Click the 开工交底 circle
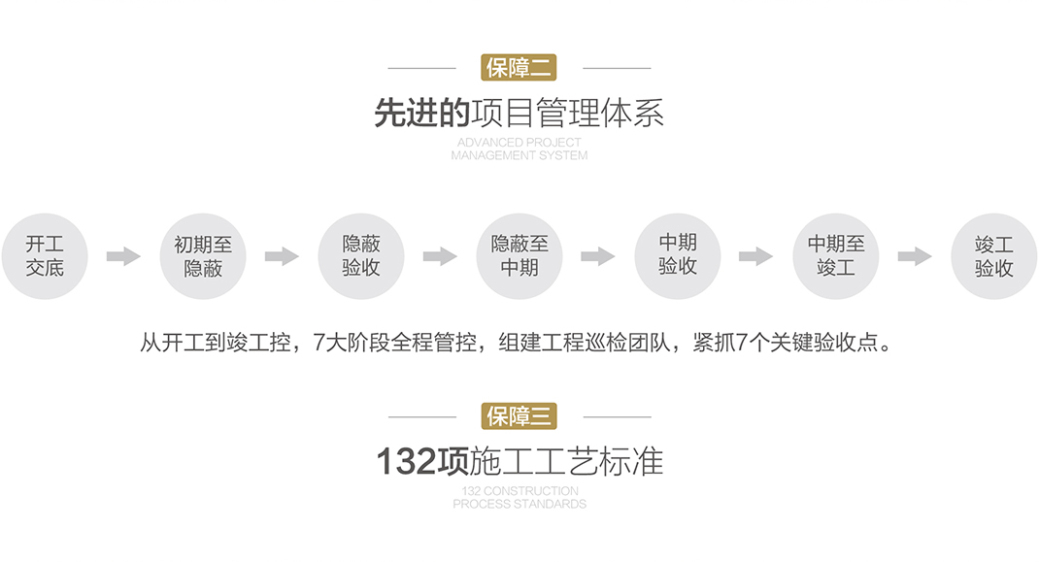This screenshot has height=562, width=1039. [45, 256]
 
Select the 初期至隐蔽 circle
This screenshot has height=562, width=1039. [203, 256]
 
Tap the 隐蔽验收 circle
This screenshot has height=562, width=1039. [361, 256]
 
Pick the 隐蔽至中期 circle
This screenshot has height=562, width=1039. [519, 256]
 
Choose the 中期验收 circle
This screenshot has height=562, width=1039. [678, 255]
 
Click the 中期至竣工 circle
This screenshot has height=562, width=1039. [836, 256]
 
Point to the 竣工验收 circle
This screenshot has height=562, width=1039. [994, 256]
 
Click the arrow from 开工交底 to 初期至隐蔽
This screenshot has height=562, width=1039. [123, 256]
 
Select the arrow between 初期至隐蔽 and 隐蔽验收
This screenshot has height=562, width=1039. [282, 256]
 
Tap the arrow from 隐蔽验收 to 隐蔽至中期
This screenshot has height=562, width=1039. [440, 256]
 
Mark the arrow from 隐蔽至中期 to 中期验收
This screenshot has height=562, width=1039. [598, 256]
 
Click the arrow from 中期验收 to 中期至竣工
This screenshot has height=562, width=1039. [756, 256]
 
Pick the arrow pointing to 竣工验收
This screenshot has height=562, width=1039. [915, 256]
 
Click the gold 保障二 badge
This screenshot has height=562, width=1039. [519, 68]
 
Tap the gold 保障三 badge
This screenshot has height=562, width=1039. [519, 416]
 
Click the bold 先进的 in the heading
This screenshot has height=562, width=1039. [422, 114]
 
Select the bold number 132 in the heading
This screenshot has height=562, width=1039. [406, 462]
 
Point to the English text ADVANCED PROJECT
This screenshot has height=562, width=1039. [519, 143]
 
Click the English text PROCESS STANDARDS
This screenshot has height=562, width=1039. [519, 505]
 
